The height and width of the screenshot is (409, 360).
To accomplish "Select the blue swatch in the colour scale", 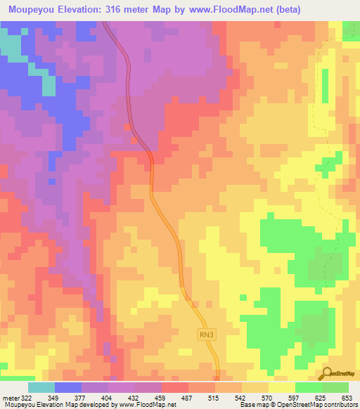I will pos(67,388).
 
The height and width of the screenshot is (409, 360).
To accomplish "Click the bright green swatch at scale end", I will pos(335,388).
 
